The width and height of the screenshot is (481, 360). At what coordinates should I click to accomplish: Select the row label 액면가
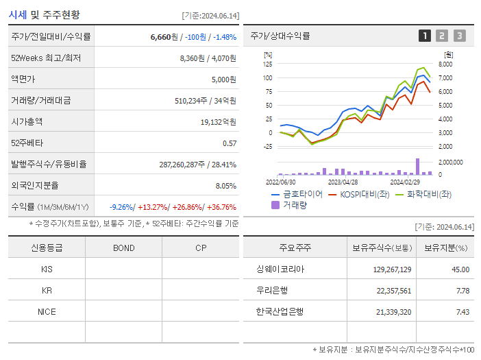coord(26,80)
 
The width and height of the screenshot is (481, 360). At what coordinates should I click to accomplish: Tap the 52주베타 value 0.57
coord(229,143)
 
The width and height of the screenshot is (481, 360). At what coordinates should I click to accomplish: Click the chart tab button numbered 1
coord(425,36)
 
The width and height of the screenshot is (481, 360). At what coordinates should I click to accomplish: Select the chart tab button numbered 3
coord(459,36)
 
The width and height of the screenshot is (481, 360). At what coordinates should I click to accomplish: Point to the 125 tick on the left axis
coord(268,64)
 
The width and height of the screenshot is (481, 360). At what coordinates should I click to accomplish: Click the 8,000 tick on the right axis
coord(445,64)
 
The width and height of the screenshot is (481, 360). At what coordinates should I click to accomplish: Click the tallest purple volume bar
coord(417,167)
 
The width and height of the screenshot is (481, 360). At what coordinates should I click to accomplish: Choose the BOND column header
coord(123,248)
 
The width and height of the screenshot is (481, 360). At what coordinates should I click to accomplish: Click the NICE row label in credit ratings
coord(47,311)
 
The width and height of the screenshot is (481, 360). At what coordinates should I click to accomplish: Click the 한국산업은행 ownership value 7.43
coord(460,312)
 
